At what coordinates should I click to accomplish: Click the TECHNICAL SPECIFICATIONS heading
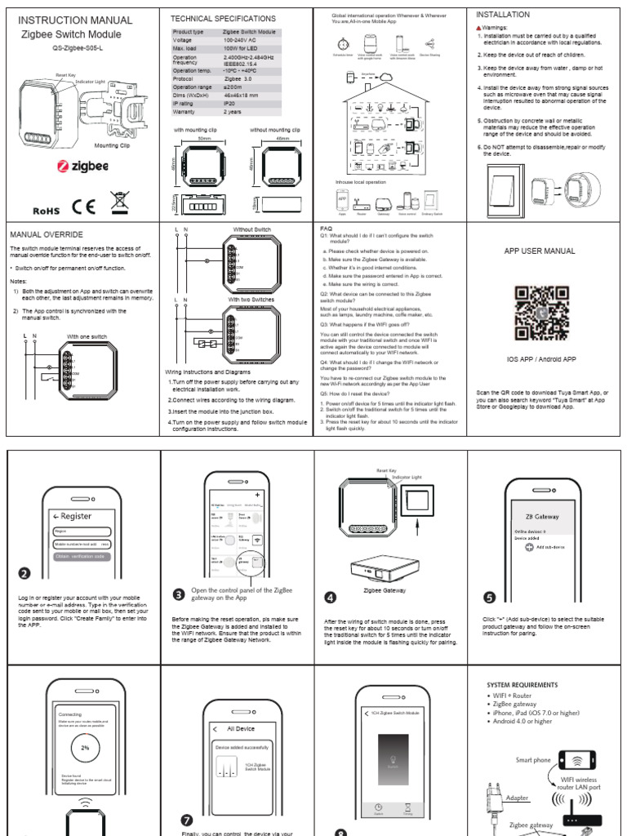[223, 18]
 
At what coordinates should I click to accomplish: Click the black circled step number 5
[489, 595]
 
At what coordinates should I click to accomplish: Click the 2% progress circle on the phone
[84, 747]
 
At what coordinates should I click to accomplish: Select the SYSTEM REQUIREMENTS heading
[522, 684]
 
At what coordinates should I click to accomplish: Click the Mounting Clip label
[113, 145]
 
